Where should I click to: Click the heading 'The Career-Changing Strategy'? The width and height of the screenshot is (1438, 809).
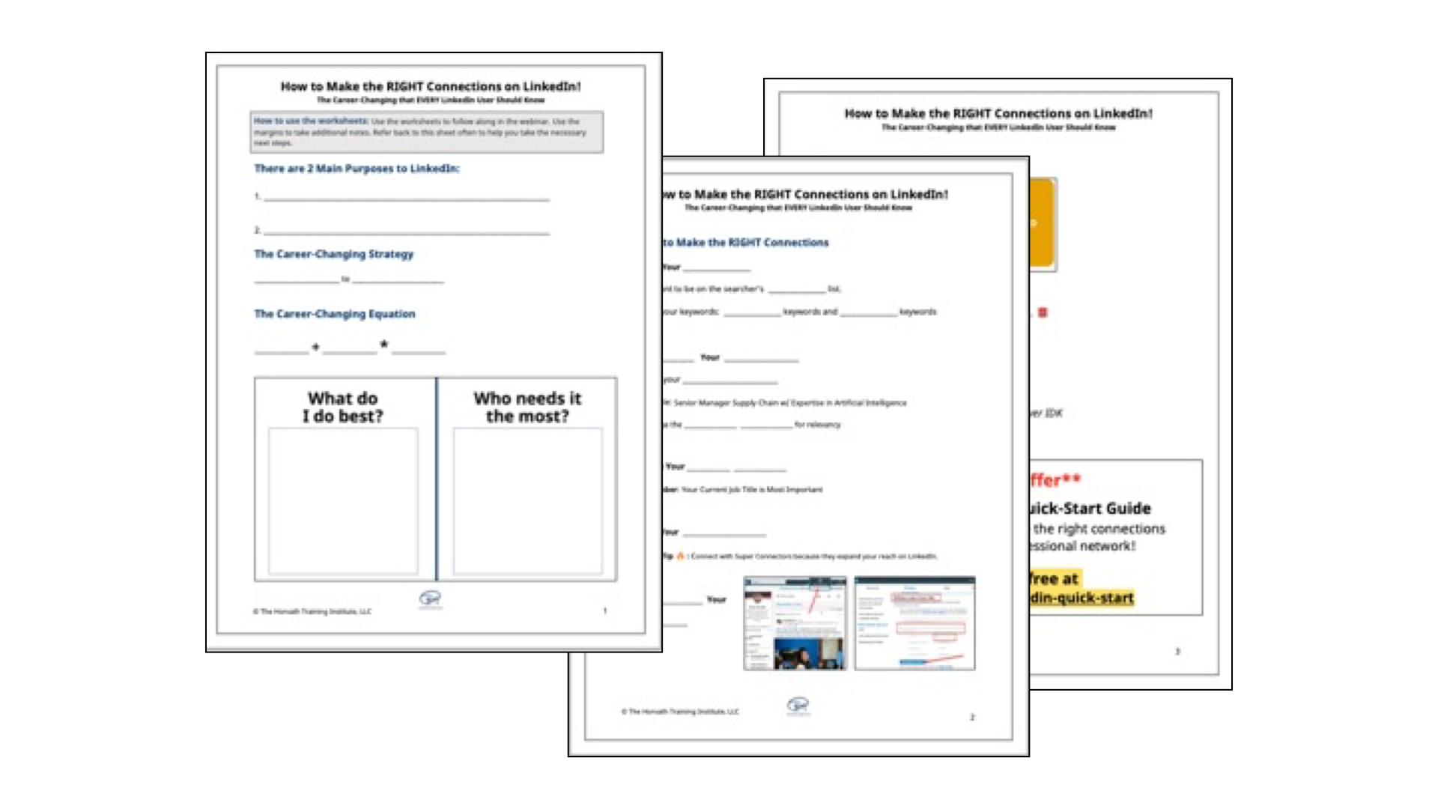coord(333,254)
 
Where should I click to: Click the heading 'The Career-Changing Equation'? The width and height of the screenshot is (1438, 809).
coord(334,314)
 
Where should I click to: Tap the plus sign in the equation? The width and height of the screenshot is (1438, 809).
coord(315,347)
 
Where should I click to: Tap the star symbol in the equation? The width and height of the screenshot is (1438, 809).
coord(383,345)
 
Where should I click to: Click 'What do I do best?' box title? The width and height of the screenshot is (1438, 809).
coord(342,407)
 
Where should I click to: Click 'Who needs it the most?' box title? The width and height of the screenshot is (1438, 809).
coord(527,407)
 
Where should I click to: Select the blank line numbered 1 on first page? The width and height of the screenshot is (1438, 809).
coord(406,198)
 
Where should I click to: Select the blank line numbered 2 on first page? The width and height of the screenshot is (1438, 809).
coord(406,231)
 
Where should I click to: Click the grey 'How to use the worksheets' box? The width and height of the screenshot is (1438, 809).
coord(426,132)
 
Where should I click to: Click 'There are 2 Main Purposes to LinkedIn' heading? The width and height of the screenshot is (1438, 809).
coord(357,169)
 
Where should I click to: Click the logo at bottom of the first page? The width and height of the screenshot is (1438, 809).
coord(430,599)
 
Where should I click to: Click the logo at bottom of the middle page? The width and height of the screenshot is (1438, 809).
coord(798,705)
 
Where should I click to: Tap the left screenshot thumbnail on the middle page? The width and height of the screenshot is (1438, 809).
coord(795,622)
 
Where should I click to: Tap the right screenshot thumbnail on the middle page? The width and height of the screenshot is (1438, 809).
coord(914,622)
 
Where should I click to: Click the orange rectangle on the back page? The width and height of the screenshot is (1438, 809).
coord(1043,222)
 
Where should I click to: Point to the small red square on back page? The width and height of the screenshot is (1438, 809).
coord(1043,312)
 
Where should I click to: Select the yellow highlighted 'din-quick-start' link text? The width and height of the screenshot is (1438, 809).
coord(1081,598)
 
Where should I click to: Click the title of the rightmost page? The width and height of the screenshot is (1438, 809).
coord(998,114)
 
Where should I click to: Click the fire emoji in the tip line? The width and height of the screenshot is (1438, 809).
coord(680,556)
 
